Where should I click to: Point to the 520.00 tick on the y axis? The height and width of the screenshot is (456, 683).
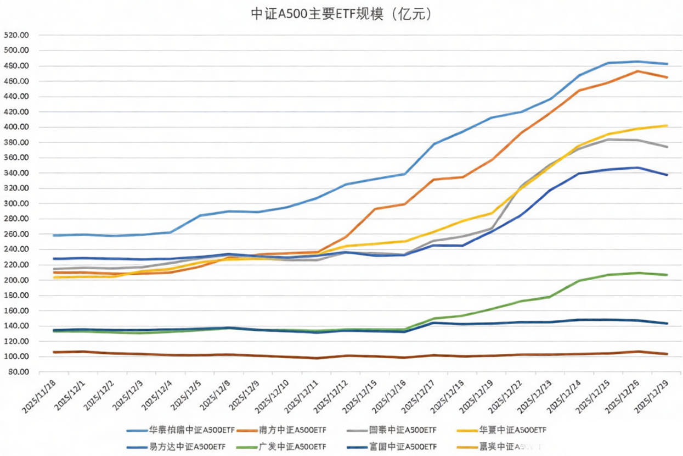[x=16, y=35]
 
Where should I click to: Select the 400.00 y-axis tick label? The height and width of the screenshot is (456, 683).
[x=16, y=127]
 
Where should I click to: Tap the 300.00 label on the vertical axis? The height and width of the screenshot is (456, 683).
[x=16, y=204]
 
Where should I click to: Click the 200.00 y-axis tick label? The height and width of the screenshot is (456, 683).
[x=16, y=280]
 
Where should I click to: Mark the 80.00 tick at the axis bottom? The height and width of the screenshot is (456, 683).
[x=18, y=372]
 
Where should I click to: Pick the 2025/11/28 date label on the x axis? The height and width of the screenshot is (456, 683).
[x=39, y=393]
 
